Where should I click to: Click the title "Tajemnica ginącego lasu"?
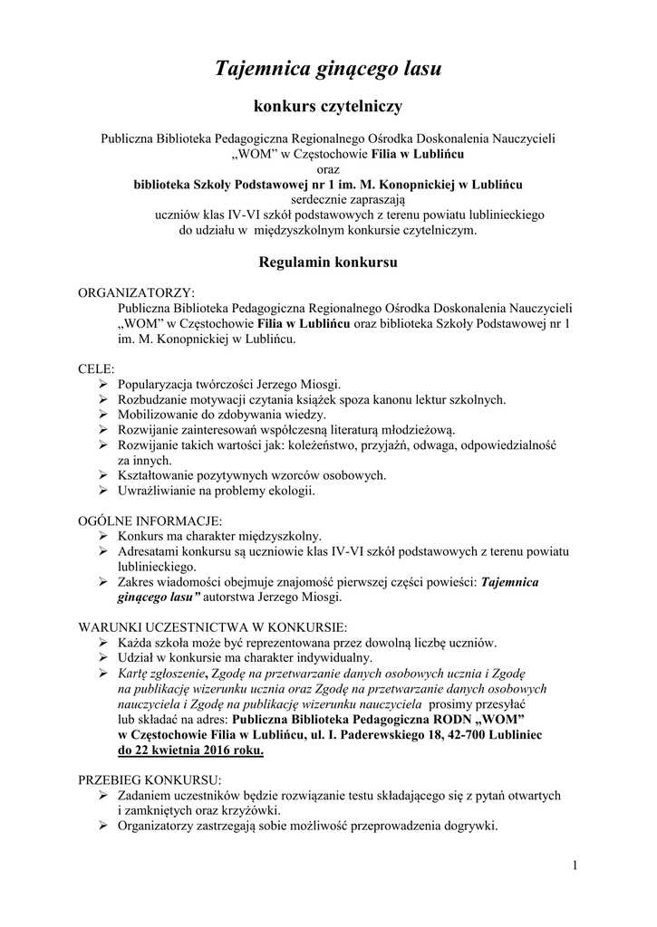(x=328, y=69)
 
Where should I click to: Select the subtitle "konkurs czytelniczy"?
(x=328, y=108)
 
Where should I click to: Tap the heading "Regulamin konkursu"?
(x=327, y=263)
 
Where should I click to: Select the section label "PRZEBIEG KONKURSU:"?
(x=150, y=779)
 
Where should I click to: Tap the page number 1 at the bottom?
(x=575, y=866)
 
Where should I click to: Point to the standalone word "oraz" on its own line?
(x=328, y=168)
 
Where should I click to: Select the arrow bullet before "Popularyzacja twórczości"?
(x=104, y=385)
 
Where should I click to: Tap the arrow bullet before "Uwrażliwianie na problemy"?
(x=104, y=490)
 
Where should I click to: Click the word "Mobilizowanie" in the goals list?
(x=159, y=414)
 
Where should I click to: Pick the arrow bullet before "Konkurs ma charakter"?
(x=104, y=537)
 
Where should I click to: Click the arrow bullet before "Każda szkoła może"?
(x=104, y=643)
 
